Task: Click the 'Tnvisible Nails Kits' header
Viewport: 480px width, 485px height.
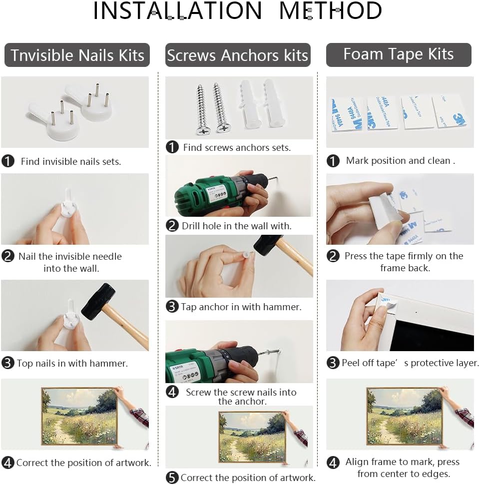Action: coord(77,55)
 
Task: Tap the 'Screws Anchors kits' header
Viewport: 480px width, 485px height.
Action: coord(238,55)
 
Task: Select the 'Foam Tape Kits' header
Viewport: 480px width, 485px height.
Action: coord(399,55)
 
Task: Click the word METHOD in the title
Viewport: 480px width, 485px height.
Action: coord(330,11)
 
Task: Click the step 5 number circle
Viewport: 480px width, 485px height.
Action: coord(172,478)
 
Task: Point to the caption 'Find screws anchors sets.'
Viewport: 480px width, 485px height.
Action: coord(237,147)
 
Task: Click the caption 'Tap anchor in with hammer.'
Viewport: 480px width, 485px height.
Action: coord(241,307)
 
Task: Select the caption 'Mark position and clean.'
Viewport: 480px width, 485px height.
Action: coord(401,160)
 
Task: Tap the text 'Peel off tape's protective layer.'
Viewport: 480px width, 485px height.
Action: coord(410,363)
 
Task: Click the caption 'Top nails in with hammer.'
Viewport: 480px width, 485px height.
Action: coord(72,363)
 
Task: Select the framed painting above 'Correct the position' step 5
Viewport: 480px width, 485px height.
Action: coord(252,437)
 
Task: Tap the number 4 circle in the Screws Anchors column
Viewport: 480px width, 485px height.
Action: coord(172,392)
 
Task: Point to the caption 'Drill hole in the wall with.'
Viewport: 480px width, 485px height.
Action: coord(237,226)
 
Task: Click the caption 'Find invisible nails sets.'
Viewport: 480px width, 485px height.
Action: coord(71,161)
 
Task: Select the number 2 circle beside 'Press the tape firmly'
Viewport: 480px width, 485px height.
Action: coord(333,256)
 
